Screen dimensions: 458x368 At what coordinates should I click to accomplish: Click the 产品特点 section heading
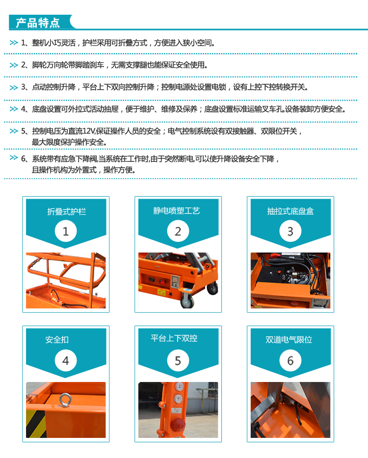coord(38,22)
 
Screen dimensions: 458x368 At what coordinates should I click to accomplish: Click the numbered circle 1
coord(65,230)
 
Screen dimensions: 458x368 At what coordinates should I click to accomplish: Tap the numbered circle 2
coord(178,230)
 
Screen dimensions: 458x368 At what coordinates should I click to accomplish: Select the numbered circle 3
coord(290,230)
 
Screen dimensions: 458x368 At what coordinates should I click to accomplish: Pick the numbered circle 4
coord(65,360)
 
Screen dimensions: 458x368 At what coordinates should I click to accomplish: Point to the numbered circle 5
coord(178,360)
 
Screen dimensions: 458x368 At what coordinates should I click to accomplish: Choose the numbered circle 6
coord(290,360)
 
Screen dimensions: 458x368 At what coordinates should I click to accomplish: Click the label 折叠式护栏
coord(66,211)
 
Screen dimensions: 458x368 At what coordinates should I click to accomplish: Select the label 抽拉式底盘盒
coord(290,211)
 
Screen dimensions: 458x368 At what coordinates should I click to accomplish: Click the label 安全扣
coord(57,339)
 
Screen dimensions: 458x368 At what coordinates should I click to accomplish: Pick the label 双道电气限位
coord(289,339)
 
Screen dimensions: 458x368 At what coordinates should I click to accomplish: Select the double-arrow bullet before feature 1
coord(14,43)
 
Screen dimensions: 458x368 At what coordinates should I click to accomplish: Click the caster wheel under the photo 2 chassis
coord(187,301)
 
